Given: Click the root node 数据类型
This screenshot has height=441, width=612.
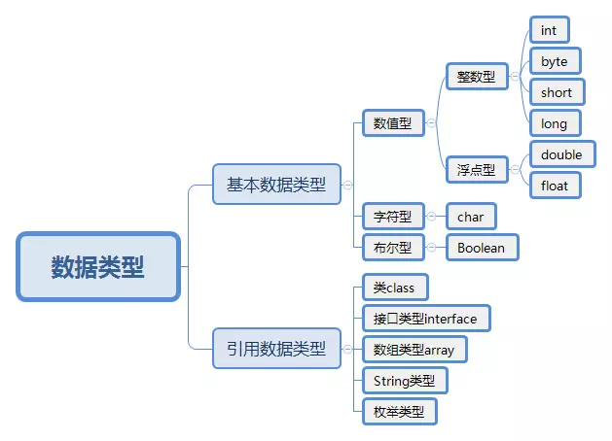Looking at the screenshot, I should (x=98, y=266).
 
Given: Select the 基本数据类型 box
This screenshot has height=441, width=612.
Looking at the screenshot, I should (x=276, y=184).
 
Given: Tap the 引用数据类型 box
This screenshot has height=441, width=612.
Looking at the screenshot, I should (x=276, y=348).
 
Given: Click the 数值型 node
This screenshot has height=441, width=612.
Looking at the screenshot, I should (x=393, y=123).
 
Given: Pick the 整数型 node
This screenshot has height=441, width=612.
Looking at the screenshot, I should (x=477, y=76).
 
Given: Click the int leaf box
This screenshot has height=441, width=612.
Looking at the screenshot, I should (x=549, y=30).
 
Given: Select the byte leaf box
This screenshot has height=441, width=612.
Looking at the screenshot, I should (x=555, y=61).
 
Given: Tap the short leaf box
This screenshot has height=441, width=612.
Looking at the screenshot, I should (x=558, y=92).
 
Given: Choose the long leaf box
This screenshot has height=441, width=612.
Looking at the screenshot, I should (x=555, y=122).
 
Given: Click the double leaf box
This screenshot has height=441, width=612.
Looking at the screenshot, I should (x=562, y=154).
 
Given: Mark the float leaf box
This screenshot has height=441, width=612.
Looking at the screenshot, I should (x=555, y=185).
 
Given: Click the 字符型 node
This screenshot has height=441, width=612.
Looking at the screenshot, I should (x=393, y=217).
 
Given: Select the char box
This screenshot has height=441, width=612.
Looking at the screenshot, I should (x=471, y=217).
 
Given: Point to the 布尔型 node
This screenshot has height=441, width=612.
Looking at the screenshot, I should (x=393, y=248).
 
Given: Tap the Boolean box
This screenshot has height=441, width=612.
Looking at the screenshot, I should (x=482, y=248).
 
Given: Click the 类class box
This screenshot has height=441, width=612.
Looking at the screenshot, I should (x=394, y=288).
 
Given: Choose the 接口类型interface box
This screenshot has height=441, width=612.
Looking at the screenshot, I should (x=425, y=318).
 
